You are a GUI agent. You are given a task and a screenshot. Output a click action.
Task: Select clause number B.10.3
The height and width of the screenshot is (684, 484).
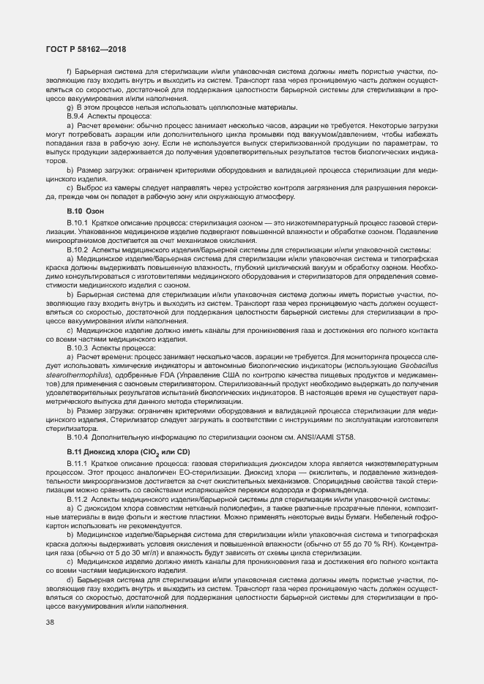(x=78, y=348)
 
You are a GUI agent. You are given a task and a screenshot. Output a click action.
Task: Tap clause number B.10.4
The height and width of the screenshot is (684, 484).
(x=78, y=437)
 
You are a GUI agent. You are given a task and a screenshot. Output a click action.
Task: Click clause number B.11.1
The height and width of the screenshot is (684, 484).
(x=78, y=465)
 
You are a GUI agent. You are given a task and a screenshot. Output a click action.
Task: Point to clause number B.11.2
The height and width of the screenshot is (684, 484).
(x=78, y=500)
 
